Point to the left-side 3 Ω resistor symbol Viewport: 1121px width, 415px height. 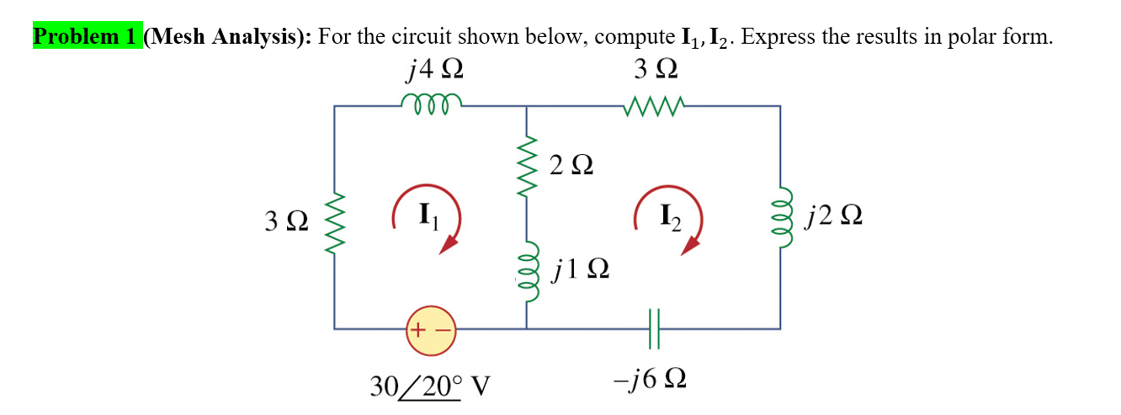(x=336, y=222)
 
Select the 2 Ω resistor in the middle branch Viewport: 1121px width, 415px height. (x=528, y=166)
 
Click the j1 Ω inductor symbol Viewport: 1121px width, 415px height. (x=528, y=270)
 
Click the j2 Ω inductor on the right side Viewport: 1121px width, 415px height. (x=780, y=218)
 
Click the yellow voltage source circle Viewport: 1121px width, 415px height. (x=430, y=328)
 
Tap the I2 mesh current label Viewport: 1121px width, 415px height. (x=668, y=216)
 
